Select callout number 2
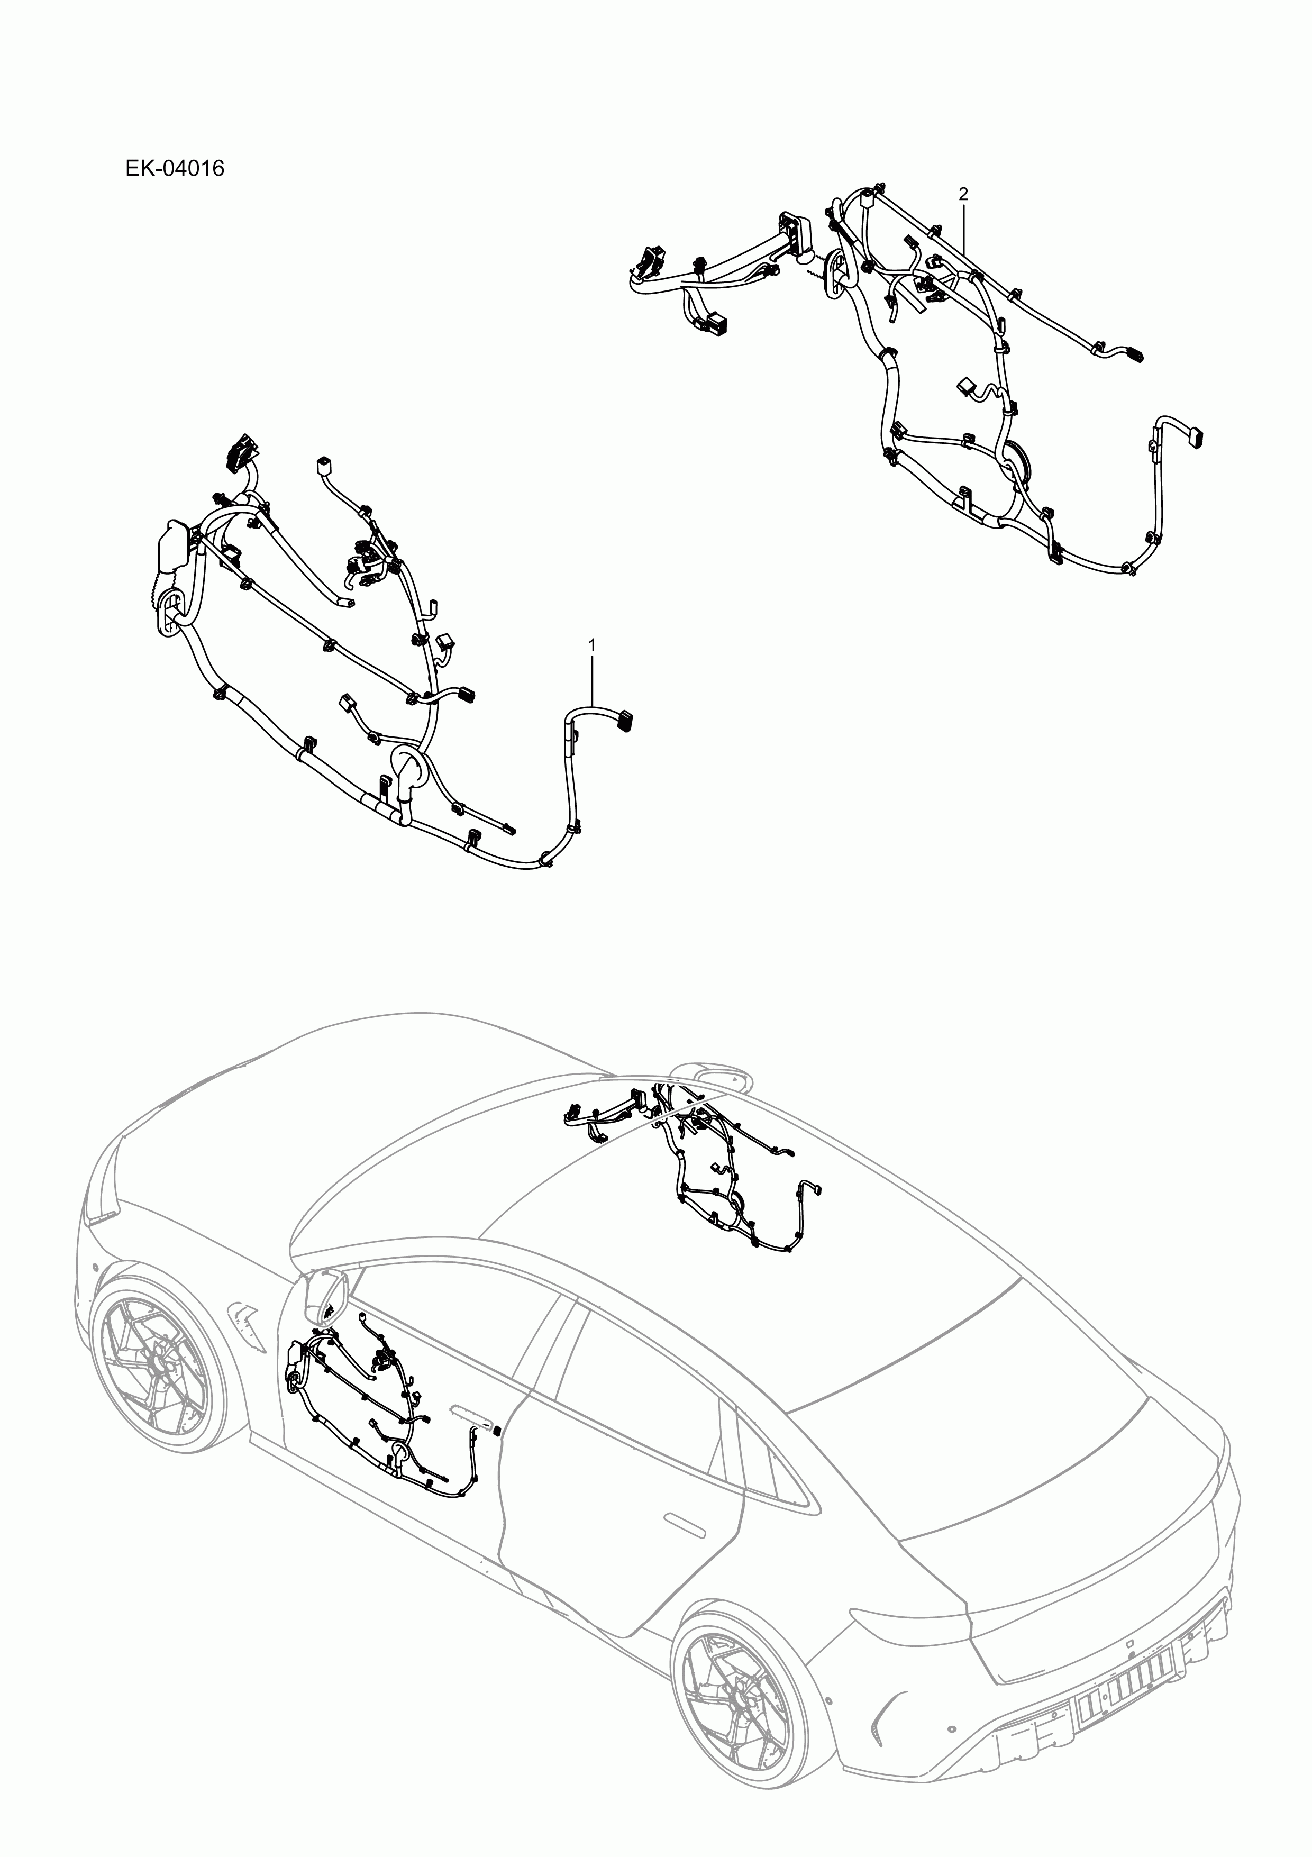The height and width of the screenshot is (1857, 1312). pos(962,194)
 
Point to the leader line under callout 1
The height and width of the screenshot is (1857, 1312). pos(592,679)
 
